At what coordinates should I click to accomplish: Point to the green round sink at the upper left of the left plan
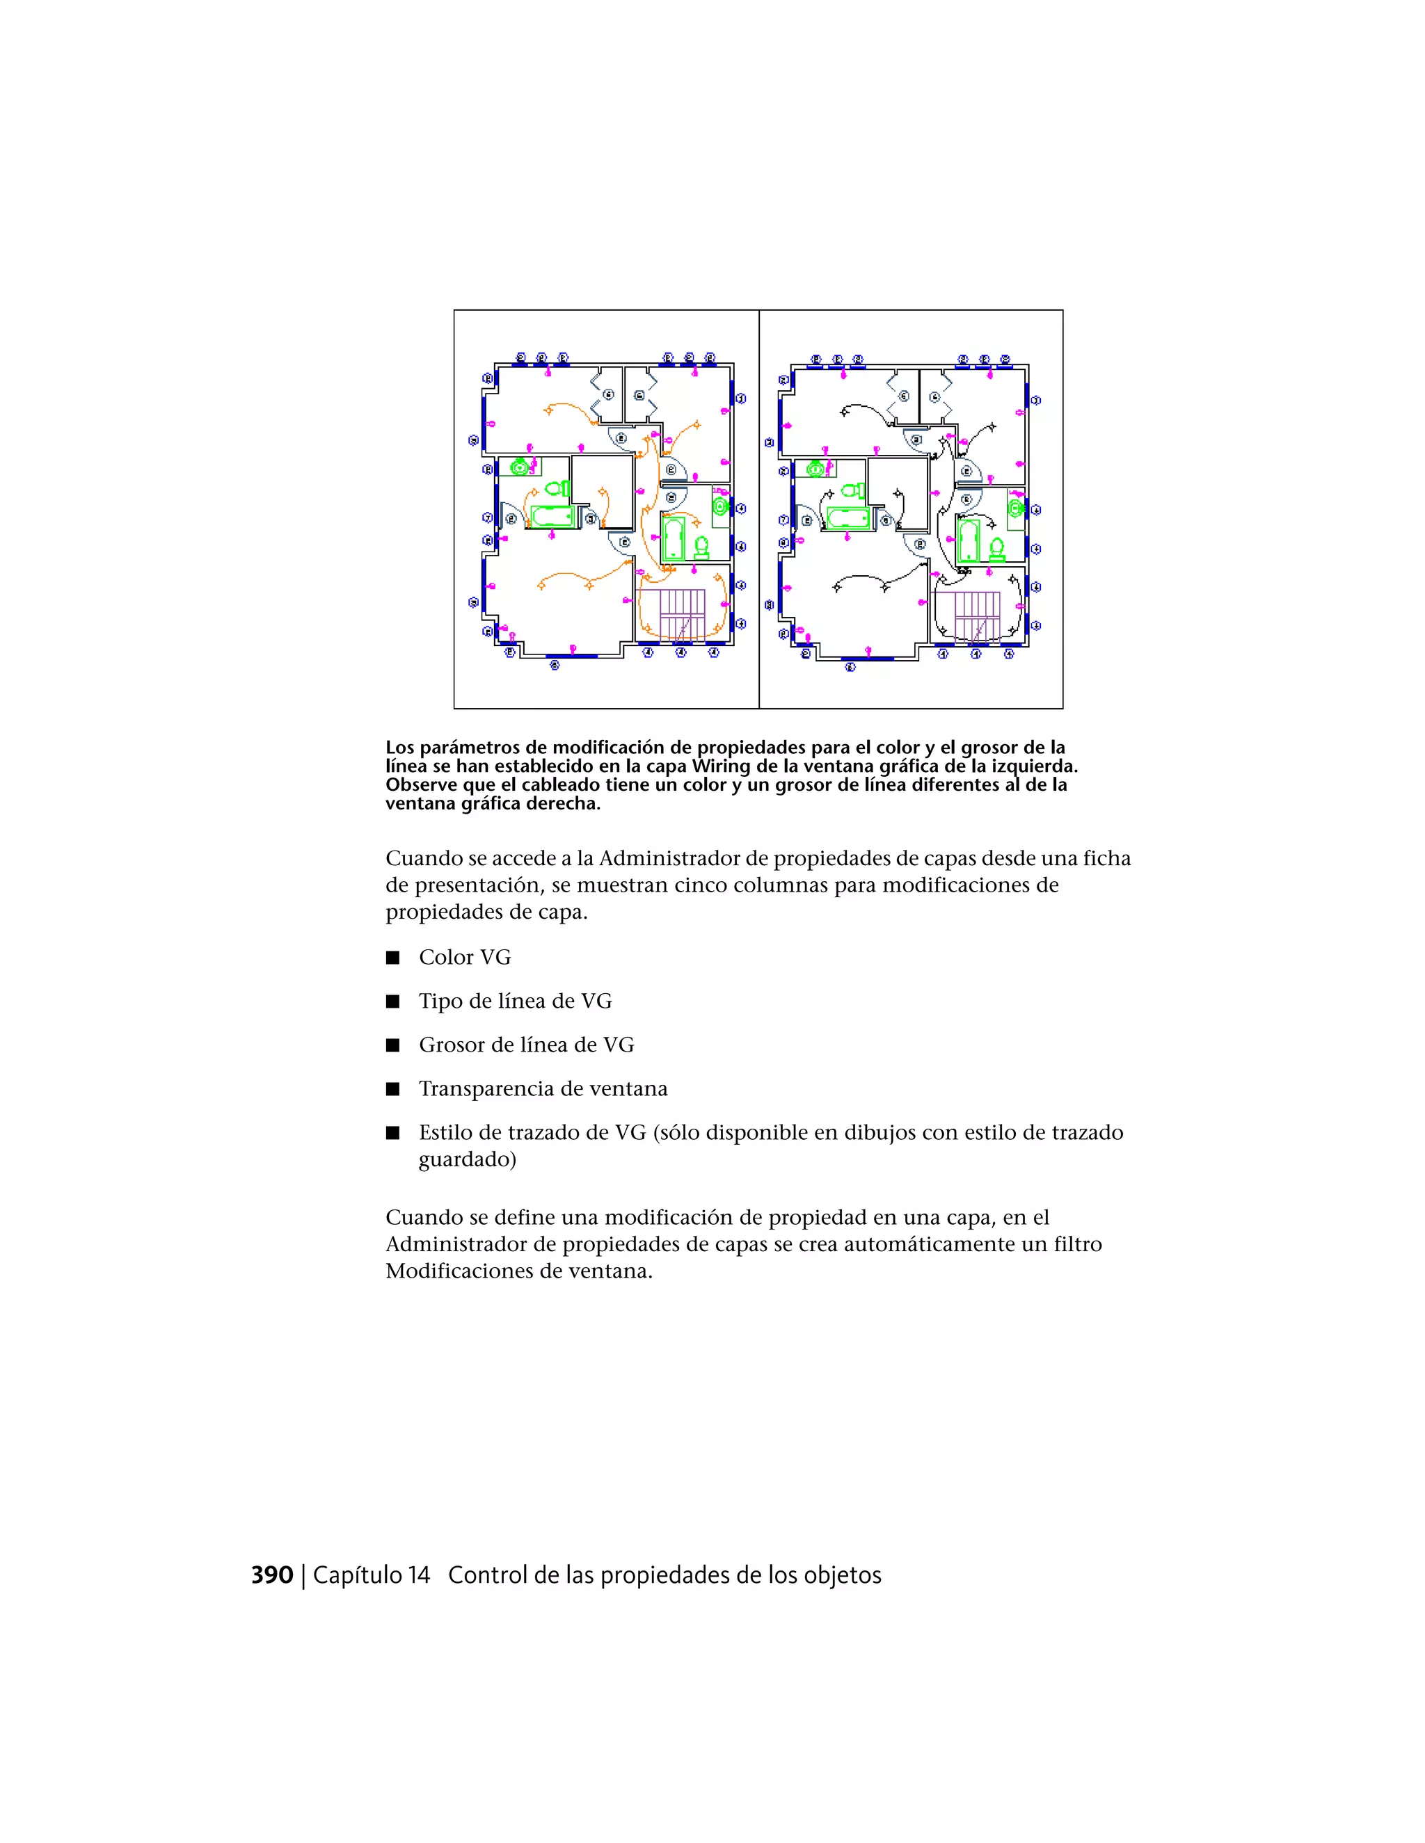pos(520,466)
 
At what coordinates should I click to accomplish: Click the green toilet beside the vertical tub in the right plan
pos(997,549)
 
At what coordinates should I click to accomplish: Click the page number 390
pos(272,1575)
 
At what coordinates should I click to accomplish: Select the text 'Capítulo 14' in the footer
pos(372,1575)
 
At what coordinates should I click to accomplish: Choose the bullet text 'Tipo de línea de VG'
pos(515,1001)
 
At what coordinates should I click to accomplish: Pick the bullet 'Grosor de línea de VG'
pos(526,1045)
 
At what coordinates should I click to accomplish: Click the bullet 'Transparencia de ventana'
pos(543,1088)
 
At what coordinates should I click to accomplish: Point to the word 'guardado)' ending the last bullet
pos(467,1159)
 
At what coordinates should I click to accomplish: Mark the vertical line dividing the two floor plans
pos(759,510)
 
